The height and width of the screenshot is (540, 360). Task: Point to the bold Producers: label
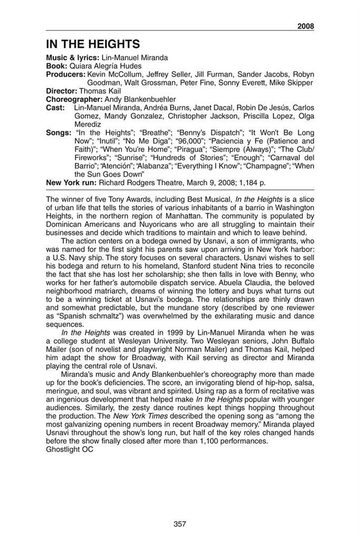65,75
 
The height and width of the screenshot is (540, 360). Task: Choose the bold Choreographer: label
74,99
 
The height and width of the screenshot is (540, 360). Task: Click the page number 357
180,524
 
